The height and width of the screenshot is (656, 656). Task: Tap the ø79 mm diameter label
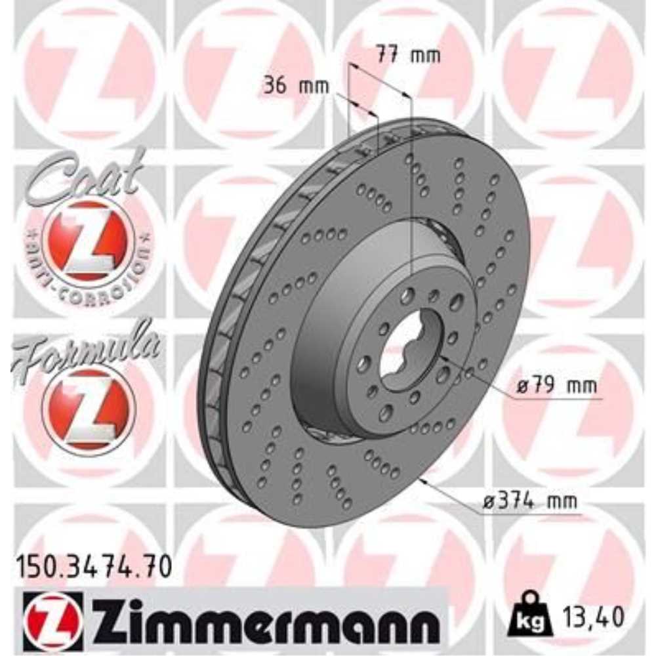coord(556,386)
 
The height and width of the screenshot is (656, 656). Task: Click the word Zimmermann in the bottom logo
coord(262,617)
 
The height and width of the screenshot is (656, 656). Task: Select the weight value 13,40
coord(596,617)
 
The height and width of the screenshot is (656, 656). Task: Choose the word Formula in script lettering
coord(85,348)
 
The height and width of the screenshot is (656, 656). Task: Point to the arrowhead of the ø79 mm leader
coord(443,358)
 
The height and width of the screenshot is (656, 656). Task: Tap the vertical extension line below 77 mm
coord(411,197)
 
